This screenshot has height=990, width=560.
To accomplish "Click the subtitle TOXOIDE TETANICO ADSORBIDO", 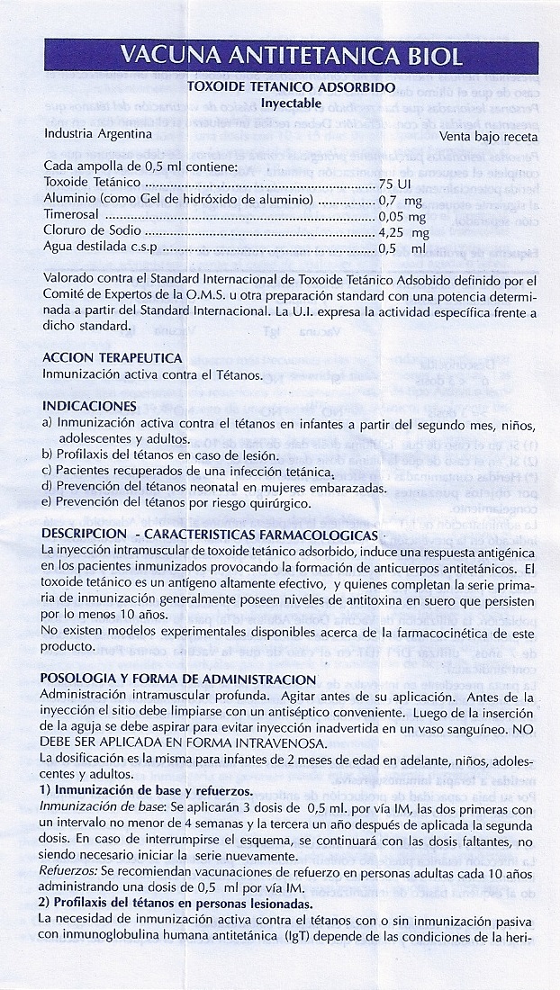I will click(285, 87).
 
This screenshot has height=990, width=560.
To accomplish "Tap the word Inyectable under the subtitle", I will click(285, 103).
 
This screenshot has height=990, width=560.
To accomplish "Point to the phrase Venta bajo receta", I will click(488, 137).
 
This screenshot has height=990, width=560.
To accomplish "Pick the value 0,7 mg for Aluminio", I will click(401, 200).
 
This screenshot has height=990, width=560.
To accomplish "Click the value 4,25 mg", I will click(402, 232).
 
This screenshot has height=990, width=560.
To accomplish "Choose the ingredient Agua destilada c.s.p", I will click(103, 248).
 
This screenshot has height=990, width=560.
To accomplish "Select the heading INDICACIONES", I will click(90, 406).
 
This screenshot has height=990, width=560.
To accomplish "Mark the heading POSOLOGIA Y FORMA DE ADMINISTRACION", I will click(179, 679).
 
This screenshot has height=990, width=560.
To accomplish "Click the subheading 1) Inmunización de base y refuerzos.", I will click(147, 791).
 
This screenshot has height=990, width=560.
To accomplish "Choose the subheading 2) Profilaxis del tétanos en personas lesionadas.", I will click(176, 904).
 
